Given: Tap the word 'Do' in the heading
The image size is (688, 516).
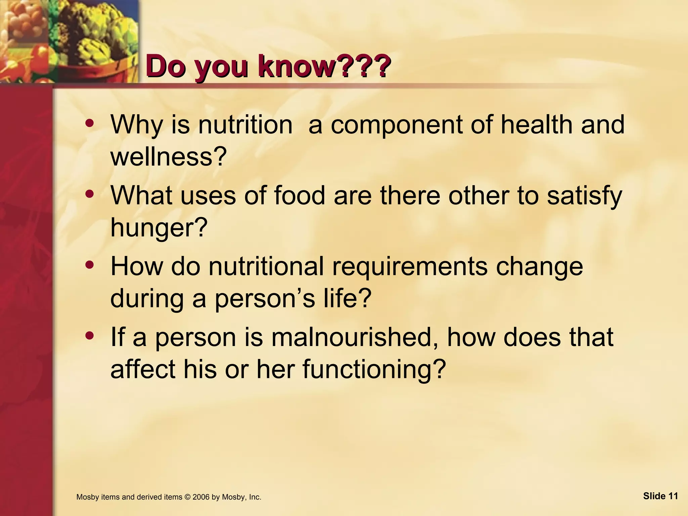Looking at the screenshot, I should pos(166,67).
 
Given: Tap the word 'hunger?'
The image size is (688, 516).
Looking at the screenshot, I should pos(158,227).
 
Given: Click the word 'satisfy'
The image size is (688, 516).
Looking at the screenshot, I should pos(585,196).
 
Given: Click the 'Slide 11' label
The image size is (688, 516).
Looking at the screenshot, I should pos(660,496).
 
